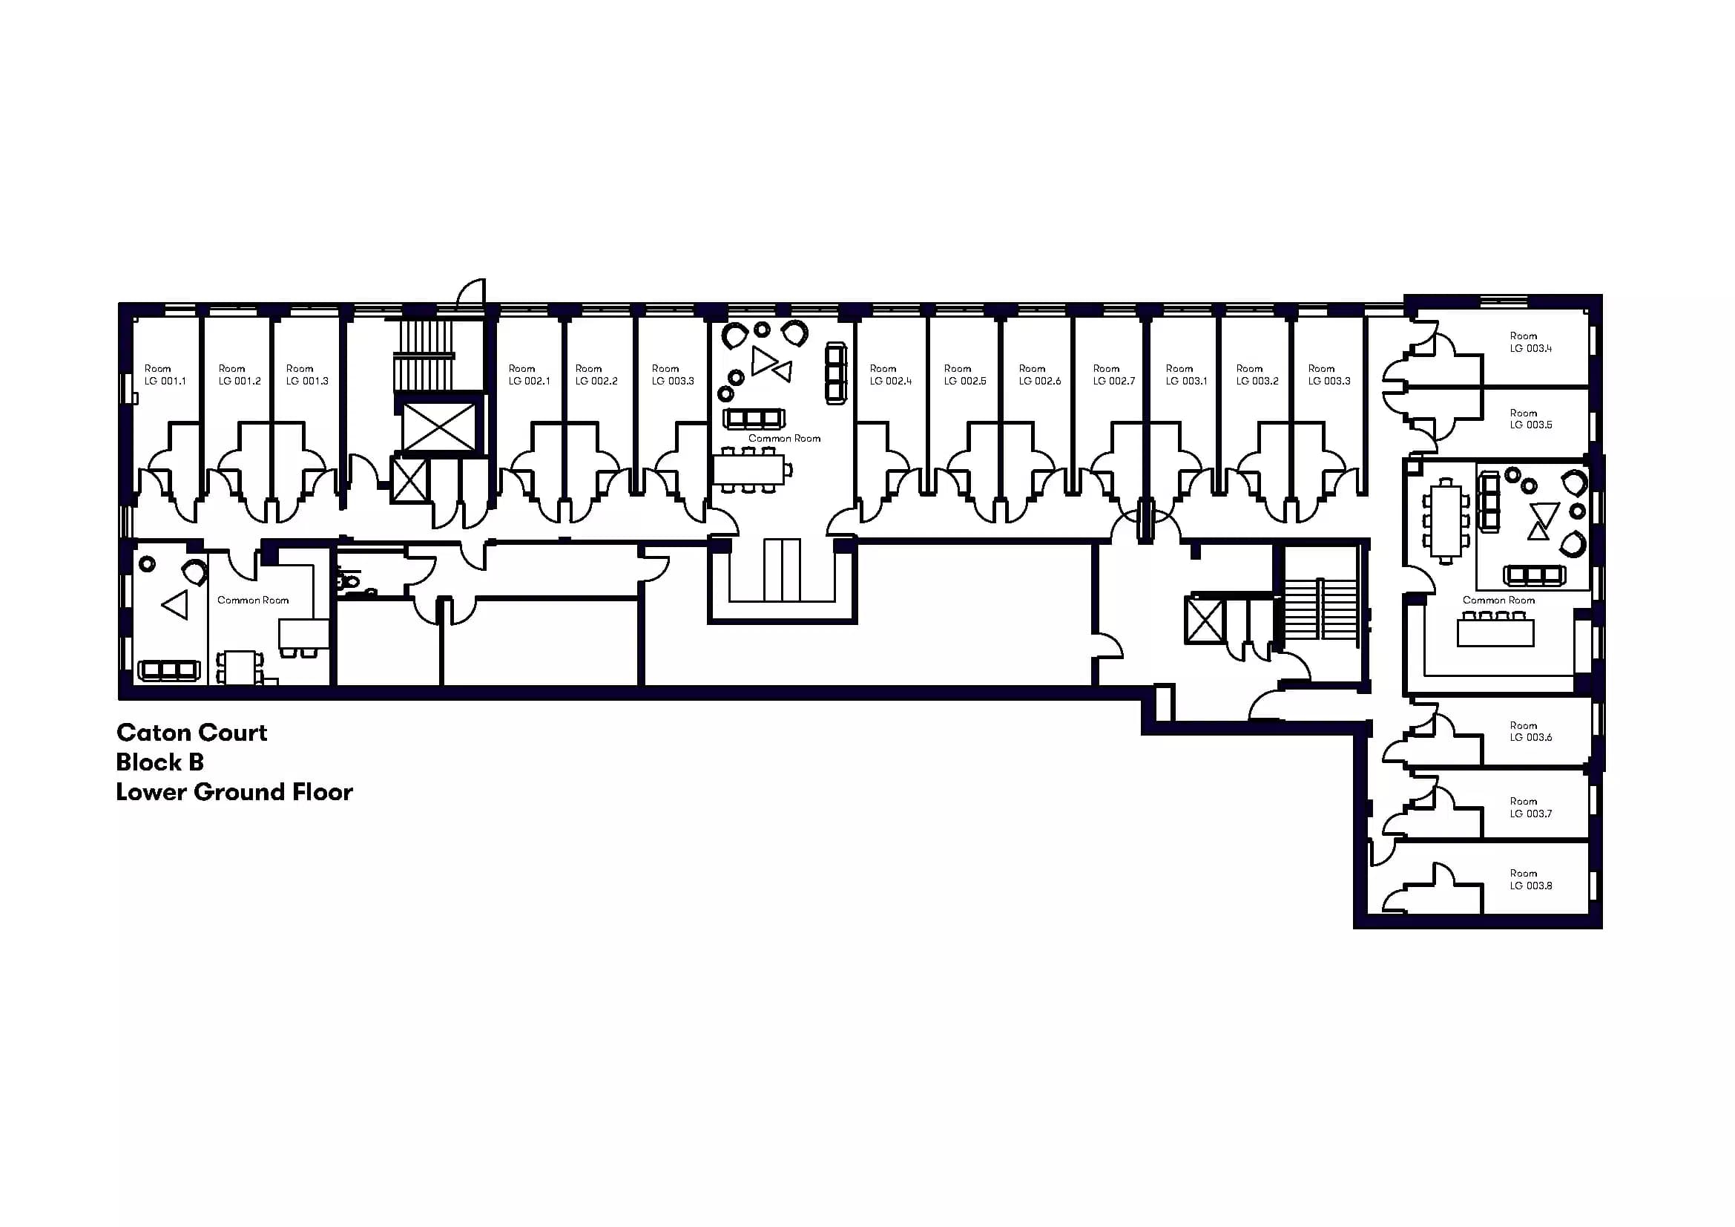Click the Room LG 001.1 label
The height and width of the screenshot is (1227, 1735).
coord(165,375)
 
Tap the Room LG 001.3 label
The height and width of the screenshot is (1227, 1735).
coord(307,375)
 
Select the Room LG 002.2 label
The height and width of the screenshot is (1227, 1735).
coord(596,375)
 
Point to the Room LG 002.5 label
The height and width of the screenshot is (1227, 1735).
coord(965,375)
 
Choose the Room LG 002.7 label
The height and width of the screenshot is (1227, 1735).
coord(1114,375)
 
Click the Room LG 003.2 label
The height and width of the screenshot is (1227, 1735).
coord(1257,375)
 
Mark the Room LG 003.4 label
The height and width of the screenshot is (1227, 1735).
coord(1531,341)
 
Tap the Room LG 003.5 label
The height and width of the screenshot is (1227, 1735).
coord(1531,419)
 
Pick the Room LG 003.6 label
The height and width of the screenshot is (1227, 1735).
coord(1531,731)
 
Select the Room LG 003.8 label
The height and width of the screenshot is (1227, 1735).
coord(1531,879)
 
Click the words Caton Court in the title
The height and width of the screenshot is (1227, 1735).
coord(192,733)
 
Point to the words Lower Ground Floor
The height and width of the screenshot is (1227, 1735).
coord(234,792)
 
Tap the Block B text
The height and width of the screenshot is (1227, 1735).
coord(160,762)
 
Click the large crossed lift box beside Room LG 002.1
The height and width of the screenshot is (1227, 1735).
coord(439,426)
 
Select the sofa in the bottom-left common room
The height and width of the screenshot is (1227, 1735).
coord(168,670)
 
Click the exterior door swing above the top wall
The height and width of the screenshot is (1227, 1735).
coord(472,293)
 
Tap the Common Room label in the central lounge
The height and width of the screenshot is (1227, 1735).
coord(784,439)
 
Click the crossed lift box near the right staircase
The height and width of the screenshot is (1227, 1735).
coord(1205,620)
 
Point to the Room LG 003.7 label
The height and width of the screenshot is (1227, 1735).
coord(1531,808)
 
